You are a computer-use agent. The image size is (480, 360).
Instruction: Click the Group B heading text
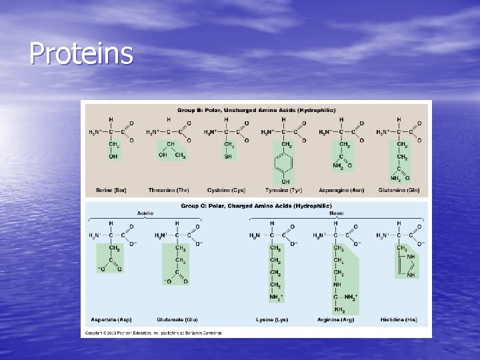[256, 110]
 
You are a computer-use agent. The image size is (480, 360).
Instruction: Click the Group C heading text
[255, 207]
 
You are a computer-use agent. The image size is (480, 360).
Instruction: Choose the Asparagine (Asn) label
[342, 191]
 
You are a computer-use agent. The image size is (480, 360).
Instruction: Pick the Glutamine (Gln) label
[399, 191]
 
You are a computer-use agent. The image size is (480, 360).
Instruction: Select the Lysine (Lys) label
[272, 320]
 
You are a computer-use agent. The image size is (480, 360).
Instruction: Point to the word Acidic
[145, 213]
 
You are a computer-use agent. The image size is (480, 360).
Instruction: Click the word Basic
[337, 213]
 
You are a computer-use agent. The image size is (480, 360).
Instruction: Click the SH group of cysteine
[229, 157]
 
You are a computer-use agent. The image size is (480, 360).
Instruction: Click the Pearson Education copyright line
[152, 332]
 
